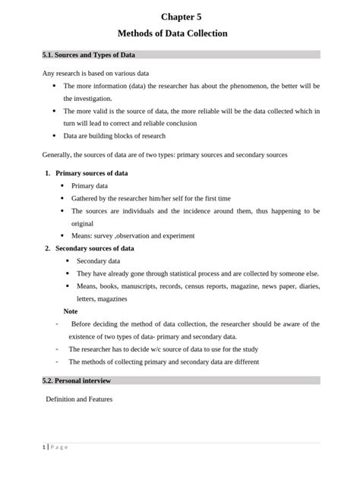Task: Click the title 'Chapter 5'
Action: (x=181, y=16)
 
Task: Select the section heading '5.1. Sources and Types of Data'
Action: (x=90, y=55)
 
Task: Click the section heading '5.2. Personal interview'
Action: (x=77, y=380)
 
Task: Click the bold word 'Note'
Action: (x=71, y=311)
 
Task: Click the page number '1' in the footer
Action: (x=44, y=447)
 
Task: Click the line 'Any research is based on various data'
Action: (x=95, y=74)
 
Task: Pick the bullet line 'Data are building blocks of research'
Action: (x=114, y=136)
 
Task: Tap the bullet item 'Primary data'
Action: (x=90, y=185)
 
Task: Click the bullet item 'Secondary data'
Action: (x=99, y=261)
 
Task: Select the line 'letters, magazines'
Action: (x=102, y=298)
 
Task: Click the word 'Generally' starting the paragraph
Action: (x=56, y=155)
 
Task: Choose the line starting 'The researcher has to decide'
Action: (x=163, y=349)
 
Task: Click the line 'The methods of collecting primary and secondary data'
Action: (x=163, y=362)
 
